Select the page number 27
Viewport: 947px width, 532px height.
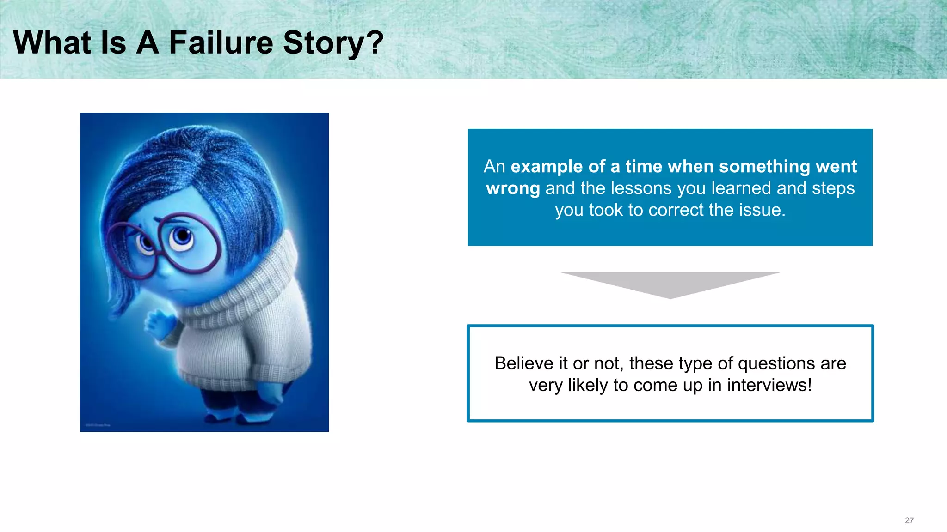coord(909,520)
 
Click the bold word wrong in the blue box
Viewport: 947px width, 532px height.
coord(513,188)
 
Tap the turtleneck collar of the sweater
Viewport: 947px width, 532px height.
coord(250,296)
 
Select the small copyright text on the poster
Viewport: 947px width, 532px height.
coord(98,425)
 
